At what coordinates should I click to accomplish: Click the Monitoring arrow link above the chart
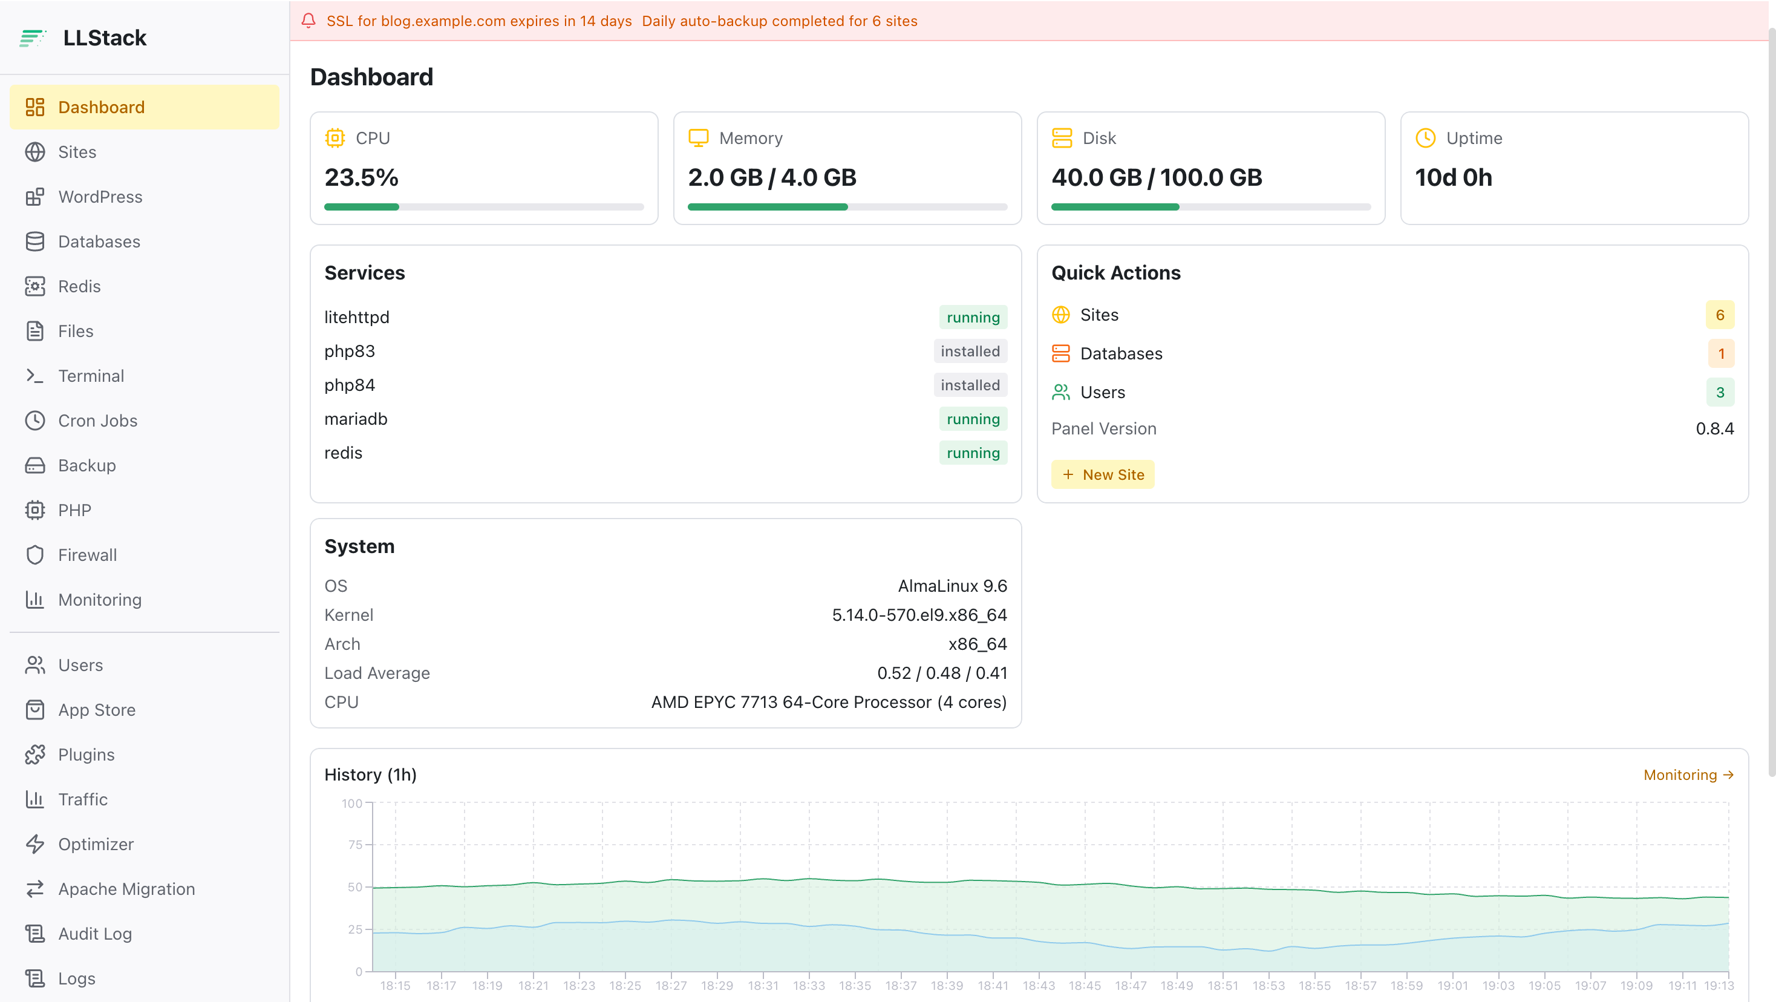(x=1688, y=774)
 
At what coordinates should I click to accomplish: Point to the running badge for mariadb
(x=973, y=419)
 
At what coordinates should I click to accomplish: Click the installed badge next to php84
(x=970, y=385)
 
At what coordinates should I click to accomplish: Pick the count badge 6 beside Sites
(x=1720, y=315)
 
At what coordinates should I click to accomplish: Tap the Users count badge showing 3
(x=1720, y=391)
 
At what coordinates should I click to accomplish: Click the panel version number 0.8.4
(x=1715, y=428)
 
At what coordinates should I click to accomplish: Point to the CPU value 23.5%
(x=361, y=177)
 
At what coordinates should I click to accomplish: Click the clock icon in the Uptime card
(x=1425, y=138)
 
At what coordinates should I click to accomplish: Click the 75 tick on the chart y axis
(x=355, y=844)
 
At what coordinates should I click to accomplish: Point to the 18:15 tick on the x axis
(x=395, y=986)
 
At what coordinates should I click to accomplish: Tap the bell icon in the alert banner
(x=308, y=21)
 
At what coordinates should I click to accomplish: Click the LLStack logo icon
(x=33, y=38)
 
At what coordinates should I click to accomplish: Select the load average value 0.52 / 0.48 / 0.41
(x=942, y=672)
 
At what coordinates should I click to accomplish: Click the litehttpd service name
(x=356, y=317)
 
